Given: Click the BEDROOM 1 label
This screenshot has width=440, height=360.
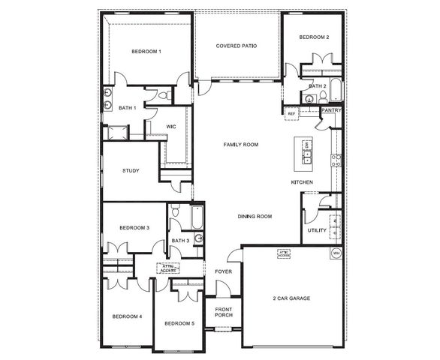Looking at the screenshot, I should click(x=146, y=51).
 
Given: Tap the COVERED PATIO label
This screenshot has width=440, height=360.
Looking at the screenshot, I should click(x=237, y=46).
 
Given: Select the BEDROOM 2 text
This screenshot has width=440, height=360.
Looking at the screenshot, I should click(x=314, y=37).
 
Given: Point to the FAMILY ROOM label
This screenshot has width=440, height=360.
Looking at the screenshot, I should click(x=241, y=143).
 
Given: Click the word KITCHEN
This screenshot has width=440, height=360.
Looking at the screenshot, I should click(x=302, y=183).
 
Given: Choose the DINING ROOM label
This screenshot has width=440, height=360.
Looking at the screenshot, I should click(x=255, y=217).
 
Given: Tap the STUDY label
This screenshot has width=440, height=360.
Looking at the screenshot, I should click(x=131, y=170).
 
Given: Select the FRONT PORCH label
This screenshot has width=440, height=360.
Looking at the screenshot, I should click(x=224, y=312).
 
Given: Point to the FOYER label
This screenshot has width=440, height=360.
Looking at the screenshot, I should click(x=223, y=271).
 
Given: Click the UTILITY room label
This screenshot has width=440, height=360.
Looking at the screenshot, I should click(x=317, y=230).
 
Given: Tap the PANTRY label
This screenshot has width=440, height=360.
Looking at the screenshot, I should click(x=332, y=110).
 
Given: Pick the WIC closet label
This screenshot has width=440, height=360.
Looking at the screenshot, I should click(x=170, y=127).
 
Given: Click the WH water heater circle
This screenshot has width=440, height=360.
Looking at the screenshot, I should click(x=336, y=253).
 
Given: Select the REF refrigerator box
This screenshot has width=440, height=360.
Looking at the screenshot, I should click(x=291, y=113).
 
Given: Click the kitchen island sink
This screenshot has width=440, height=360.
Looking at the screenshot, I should click(x=307, y=157).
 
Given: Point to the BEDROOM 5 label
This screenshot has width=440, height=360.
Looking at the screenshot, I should click(x=179, y=323).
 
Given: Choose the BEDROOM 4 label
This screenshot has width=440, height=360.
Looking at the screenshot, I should click(x=127, y=316).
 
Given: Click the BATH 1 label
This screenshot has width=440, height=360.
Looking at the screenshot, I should click(x=128, y=108).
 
